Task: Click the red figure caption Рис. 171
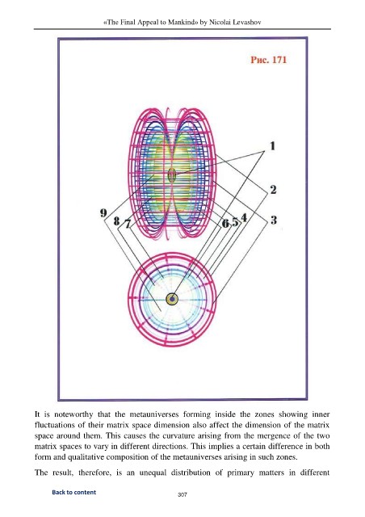268,60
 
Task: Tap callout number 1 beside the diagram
272,145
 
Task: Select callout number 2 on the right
273,190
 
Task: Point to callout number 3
274,220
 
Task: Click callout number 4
244,217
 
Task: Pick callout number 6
225,224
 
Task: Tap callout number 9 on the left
103,213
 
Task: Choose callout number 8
116,221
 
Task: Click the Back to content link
73,492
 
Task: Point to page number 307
182,494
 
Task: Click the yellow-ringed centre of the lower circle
172,300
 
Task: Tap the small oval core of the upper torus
172,174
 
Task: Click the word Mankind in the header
183,23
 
